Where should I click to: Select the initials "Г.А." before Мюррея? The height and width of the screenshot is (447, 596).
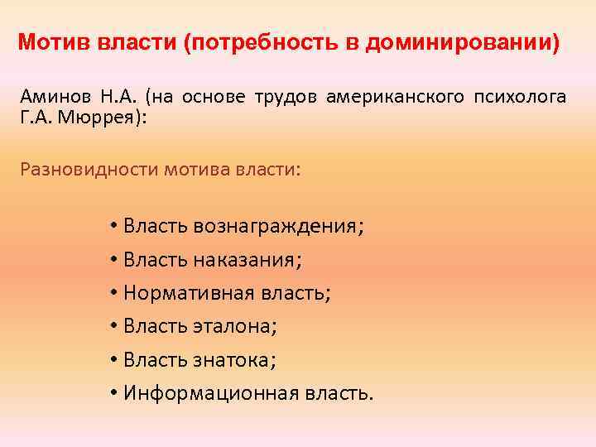(x=34, y=118)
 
